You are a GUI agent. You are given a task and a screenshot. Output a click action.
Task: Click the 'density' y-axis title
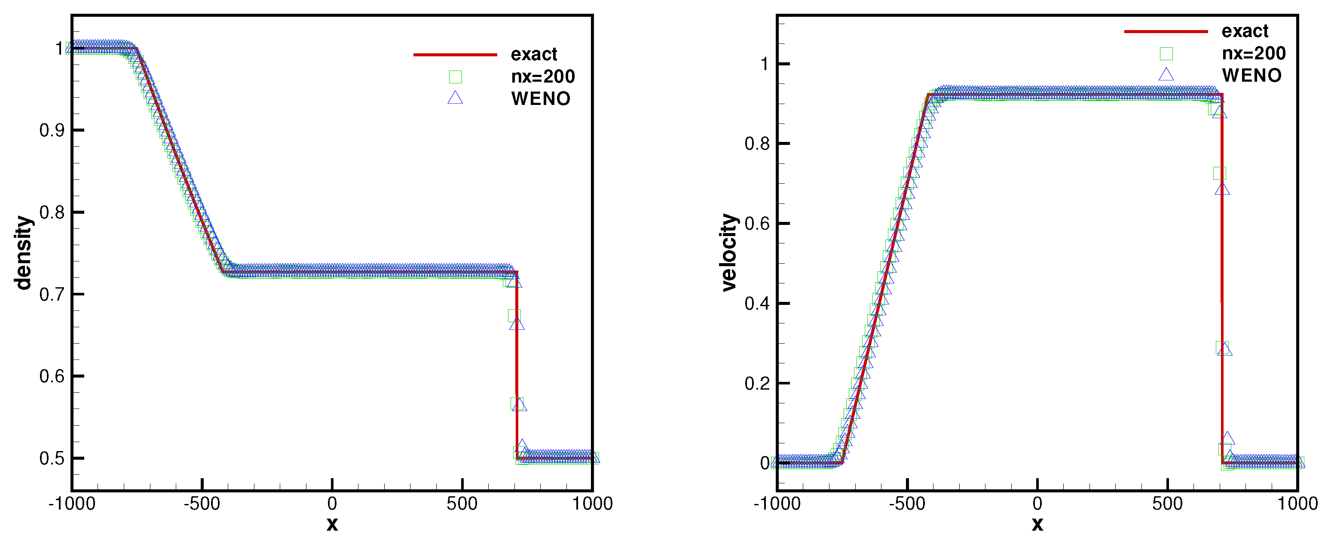tap(23, 253)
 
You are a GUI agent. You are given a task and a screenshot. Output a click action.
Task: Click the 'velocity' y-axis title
tap(728, 252)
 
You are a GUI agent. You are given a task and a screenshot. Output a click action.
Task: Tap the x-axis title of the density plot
tap(332, 524)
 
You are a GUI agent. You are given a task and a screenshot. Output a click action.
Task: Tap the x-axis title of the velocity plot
tap(1037, 524)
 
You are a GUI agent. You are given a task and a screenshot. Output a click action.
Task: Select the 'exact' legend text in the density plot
tap(534, 54)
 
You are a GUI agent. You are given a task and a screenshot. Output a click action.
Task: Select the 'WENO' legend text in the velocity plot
tap(1251, 75)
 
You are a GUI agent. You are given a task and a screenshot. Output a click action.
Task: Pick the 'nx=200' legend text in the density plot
tap(542, 77)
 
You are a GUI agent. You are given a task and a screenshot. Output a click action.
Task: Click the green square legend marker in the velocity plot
tap(1166, 54)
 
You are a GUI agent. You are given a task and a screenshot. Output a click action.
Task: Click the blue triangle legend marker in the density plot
tap(455, 98)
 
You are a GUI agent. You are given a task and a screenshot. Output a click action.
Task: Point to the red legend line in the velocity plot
tap(1166, 31)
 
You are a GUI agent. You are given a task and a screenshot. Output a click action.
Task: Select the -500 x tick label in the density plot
tap(202, 504)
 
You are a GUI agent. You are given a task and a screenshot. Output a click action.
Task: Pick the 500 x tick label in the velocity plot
tap(1167, 504)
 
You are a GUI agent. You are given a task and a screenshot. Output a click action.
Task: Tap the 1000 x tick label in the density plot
tap(592, 504)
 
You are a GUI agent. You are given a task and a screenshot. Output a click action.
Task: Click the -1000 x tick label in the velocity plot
tap(777, 504)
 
